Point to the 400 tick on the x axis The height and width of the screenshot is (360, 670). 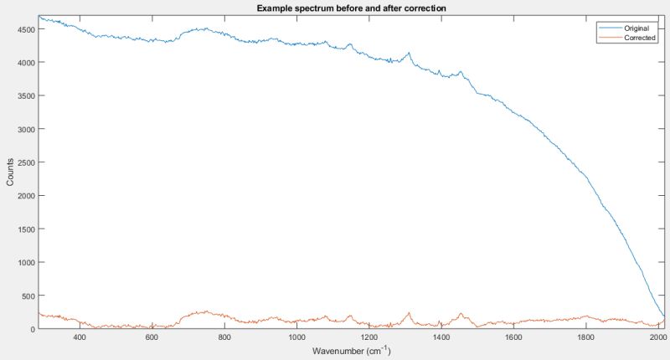click(x=80, y=337)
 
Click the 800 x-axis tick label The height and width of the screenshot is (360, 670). click(x=224, y=337)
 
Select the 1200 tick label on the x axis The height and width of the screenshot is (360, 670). click(x=368, y=337)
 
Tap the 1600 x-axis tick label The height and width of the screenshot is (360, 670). click(x=513, y=337)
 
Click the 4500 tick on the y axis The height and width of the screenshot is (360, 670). click(x=23, y=29)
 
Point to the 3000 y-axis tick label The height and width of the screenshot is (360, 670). click(x=23, y=129)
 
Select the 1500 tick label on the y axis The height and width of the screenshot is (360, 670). click(x=23, y=229)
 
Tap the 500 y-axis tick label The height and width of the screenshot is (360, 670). click(x=27, y=296)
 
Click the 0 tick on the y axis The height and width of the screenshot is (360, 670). click(x=32, y=329)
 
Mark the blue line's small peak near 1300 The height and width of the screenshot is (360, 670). click(x=409, y=54)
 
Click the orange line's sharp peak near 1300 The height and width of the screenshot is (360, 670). click(x=409, y=313)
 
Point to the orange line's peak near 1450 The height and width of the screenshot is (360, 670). click(x=461, y=315)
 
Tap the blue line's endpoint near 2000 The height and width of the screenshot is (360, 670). click(x=663, y=316)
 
